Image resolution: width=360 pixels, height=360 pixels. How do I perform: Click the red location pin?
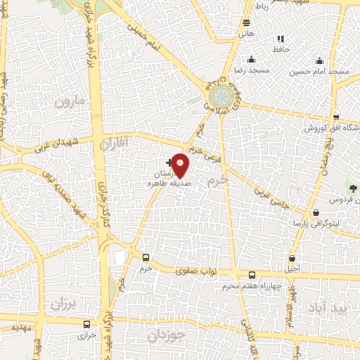tap(181, 165)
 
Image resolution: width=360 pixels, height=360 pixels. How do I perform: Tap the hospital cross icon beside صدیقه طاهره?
tap(169, 163)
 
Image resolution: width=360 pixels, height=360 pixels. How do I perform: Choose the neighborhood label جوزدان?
tap(167, 336)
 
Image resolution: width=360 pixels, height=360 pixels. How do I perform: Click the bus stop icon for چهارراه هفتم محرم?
tap(252, 274)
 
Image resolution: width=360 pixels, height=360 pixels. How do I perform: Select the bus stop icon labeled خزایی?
tap(86, 324)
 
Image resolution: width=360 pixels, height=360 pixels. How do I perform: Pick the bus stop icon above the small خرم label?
tap(146, 258)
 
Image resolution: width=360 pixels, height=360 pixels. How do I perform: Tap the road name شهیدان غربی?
tap(57, 146)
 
